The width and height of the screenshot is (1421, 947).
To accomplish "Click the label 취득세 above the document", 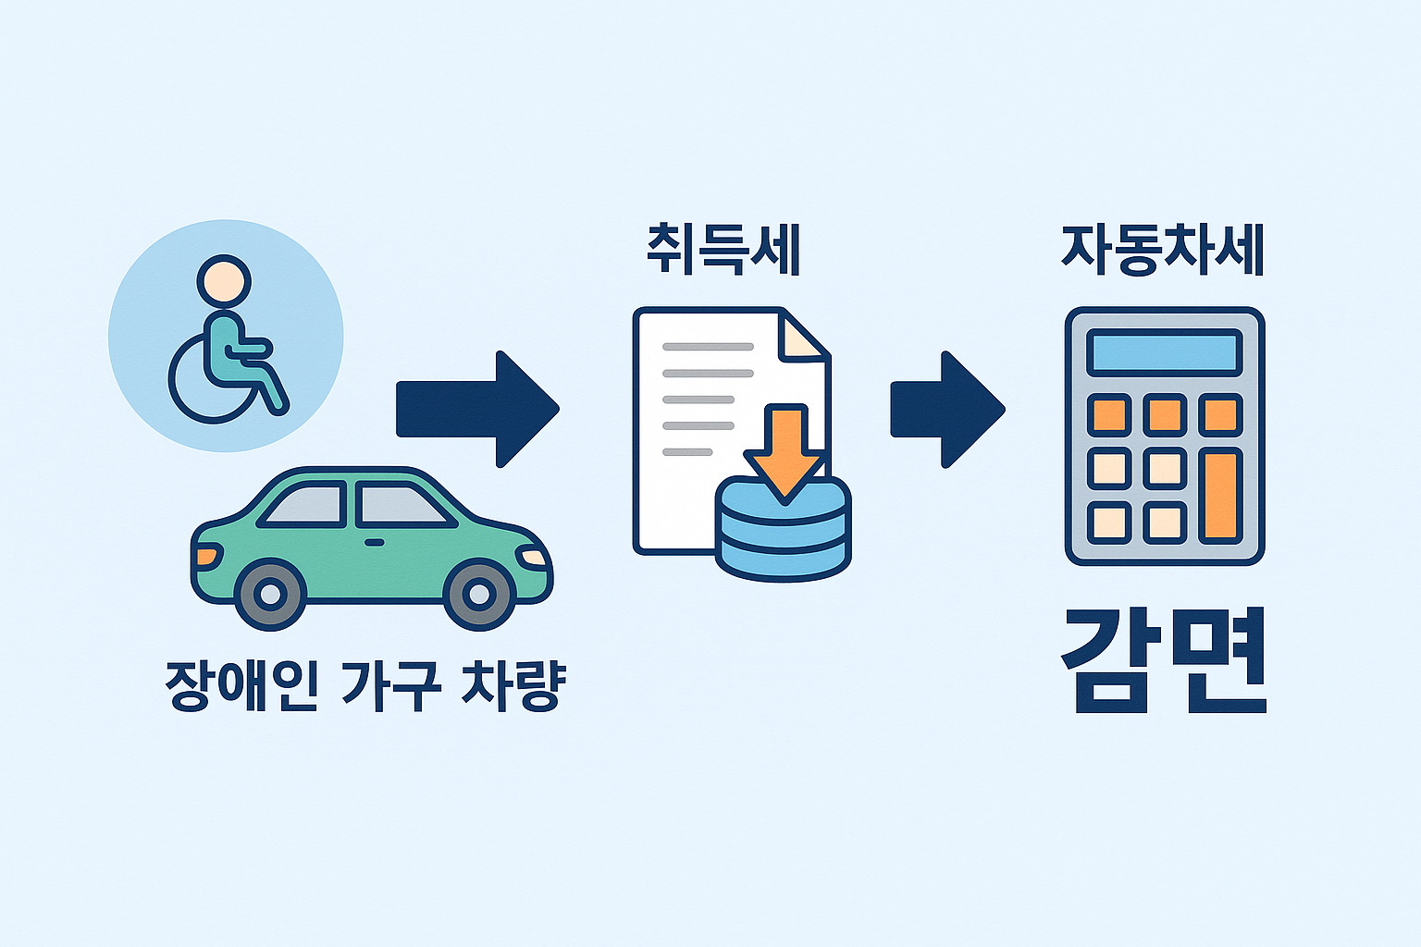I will point(723,250).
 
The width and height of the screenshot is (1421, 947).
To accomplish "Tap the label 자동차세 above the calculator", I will point(1162,250).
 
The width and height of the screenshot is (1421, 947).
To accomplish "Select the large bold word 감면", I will point(1163,662).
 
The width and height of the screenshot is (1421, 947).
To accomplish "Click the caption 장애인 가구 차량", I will point(365,684).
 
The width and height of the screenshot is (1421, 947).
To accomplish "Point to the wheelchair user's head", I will point(224,280).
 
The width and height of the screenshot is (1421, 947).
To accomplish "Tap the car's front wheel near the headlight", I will point(478,594).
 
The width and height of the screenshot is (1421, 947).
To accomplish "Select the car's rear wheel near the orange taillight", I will point(270,594).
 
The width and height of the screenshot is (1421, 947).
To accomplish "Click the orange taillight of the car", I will point(207,557).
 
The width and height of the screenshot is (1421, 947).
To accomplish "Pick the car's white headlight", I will point(534,557).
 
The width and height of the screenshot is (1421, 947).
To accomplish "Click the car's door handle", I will point(374,541).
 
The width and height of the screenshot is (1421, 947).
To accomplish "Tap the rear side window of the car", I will point(305,505).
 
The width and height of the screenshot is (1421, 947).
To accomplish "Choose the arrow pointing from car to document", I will point(477,409).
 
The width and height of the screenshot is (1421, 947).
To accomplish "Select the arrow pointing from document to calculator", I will point(946,409).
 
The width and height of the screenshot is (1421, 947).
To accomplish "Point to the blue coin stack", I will point(784,536).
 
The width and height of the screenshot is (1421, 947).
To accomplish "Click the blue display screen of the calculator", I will point(1164,352).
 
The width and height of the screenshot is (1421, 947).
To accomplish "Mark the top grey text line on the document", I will point(708,347).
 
